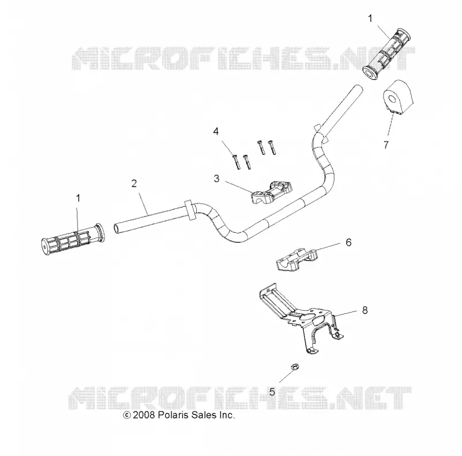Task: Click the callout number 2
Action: (x=134, y=183)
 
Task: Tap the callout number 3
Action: (x=217, y=179)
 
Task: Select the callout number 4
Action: (x=216, y=131)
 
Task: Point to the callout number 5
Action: (x=272, y=392)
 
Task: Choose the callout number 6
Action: (x=349, y=243)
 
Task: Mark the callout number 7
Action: (x=386, y=145)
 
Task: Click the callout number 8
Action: (x=365, y=310)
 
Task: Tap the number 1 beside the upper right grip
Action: (x=370, y=18)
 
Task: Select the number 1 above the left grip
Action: (x=78, y=198)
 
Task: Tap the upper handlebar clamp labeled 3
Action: (x=271, y=193)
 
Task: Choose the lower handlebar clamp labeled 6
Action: (x=297, y=259)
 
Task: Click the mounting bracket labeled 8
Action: (x=300, y=318)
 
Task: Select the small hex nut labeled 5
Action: (x=295, y=367)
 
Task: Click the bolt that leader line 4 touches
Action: (x=237, y=162)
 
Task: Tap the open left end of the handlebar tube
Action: (x=117, y=228)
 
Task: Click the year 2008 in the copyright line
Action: (x=144, y=415)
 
